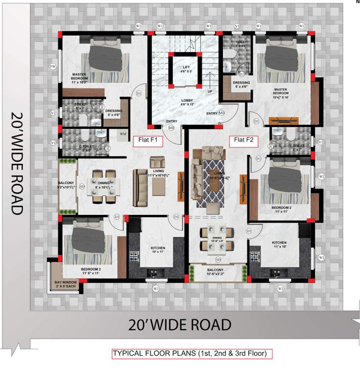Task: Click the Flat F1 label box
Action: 149,141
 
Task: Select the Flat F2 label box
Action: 244,141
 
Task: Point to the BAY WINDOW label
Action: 65,285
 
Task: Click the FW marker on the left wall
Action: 54,66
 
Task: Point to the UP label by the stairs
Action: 209,91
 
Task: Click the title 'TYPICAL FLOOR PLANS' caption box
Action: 192,354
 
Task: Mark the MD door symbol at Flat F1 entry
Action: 171,128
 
